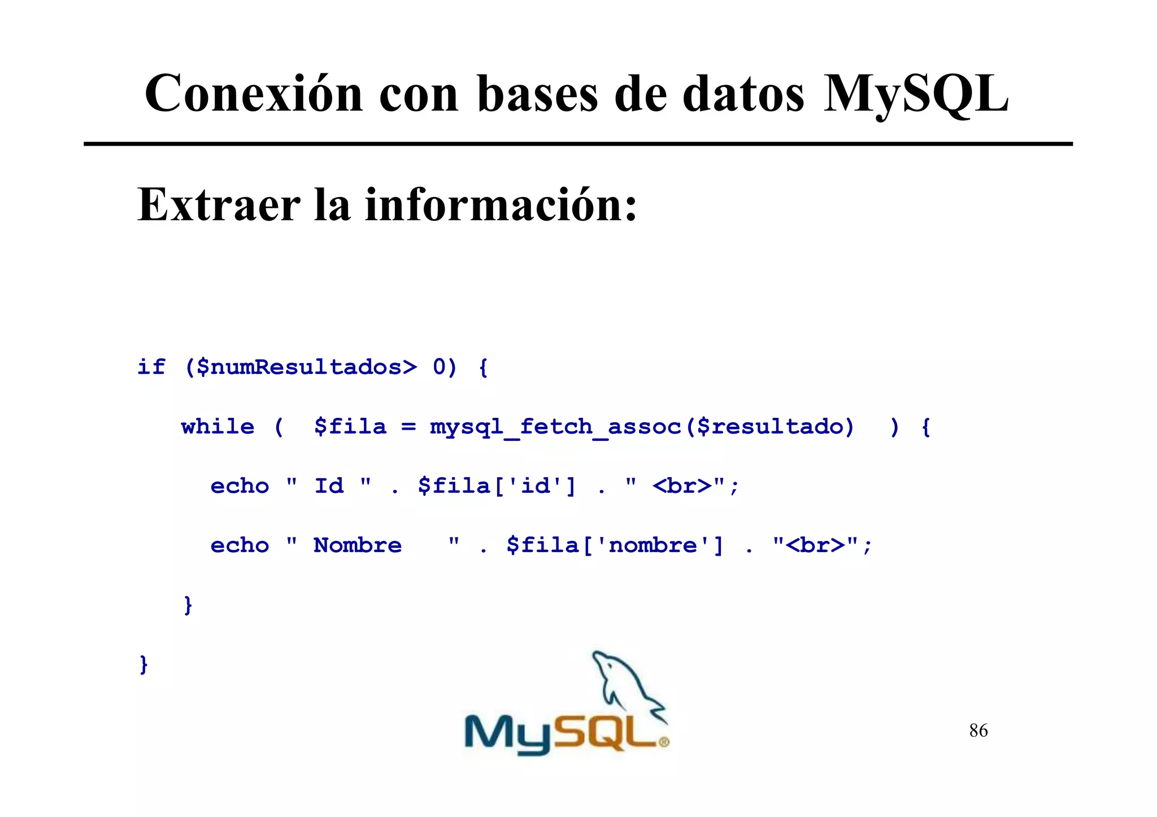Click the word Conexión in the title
(x=254, y=94)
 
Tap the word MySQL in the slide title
(x=915, y=94)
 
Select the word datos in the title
(x=743, y=94)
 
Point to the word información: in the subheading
(x=502, y=204)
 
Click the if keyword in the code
(x=151, y=367)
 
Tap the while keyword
(x=218, y=426)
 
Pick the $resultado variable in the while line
(x=775, y=427)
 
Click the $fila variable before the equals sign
(x=350, y=427)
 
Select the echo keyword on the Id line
(x=240, y=486)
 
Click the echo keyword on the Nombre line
(x=240, y=545)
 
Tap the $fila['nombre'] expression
(x=615, y=545)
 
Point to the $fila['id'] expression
(x=497, y=486)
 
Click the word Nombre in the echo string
(x=358, y=545)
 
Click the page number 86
(x=978, y=731)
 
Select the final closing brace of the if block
(x=143, y=664)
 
